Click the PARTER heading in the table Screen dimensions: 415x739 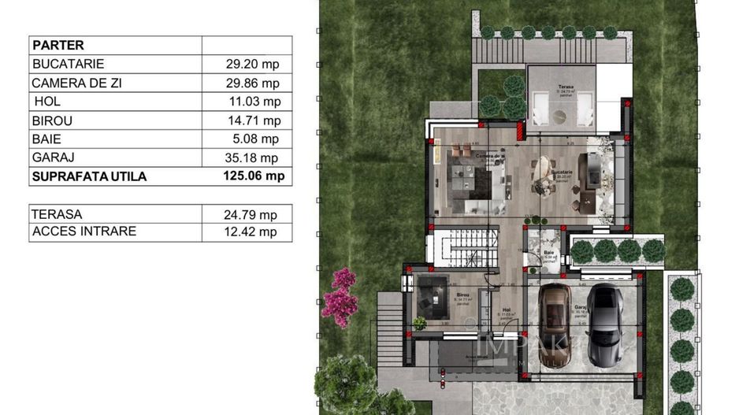click(x=58, y=45)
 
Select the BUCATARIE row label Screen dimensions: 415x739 click(x=68, y=64)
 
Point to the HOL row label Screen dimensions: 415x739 click(x=47, y=102)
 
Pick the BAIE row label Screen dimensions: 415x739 click(x=46, y=139)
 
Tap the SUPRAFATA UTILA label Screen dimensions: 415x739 click(x=89, y=176)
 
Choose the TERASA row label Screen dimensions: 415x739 click(x=56, y=213)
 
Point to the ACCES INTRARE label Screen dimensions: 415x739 click(x=84, y=232)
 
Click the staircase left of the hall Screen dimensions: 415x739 click(x=463, y=247)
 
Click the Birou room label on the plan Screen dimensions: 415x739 click(x=462, y=295)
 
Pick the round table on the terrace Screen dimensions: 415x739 click(x=559, y=117)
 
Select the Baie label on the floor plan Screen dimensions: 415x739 click(x=548, y=253)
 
